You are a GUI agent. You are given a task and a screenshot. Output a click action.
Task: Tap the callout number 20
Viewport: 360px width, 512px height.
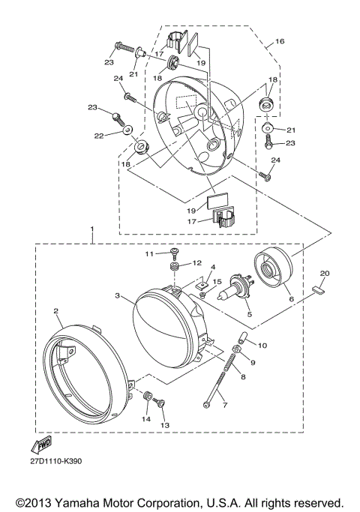pyautogui.click(x=325, y=273)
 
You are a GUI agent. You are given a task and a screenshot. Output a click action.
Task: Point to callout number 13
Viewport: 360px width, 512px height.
pyautogui.click(x=165, y=425)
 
